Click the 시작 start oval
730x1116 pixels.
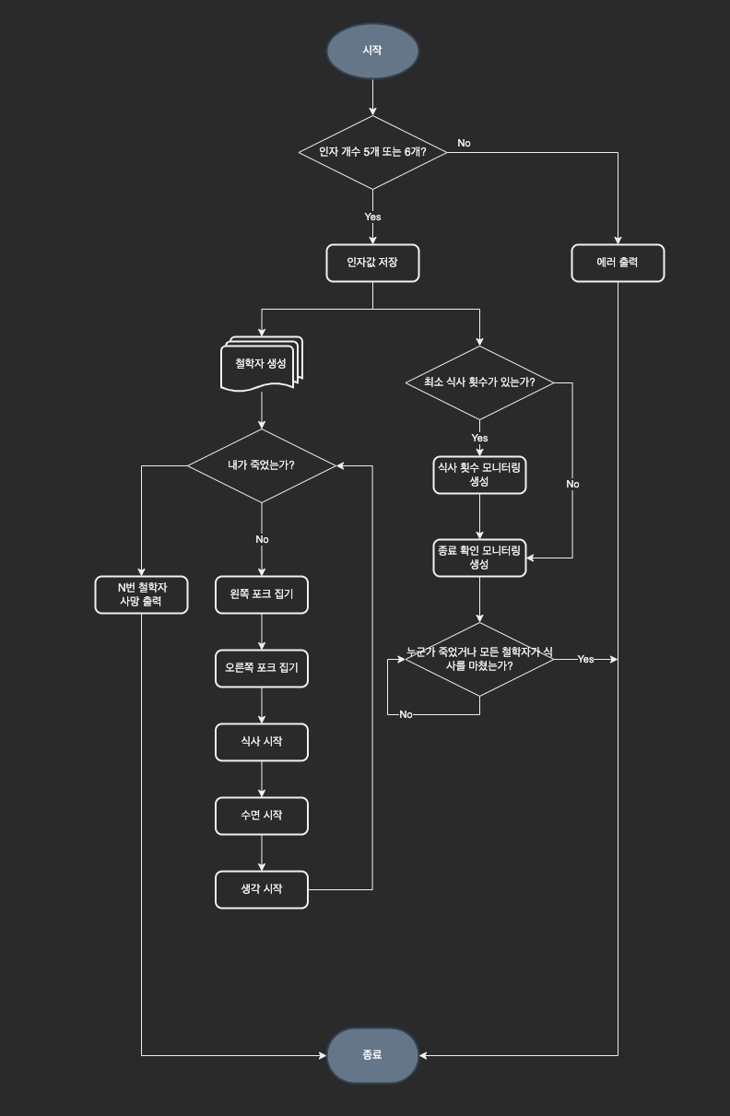(372, 51)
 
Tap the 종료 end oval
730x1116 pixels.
(372, 1055)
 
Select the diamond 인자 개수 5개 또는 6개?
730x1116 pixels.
(372, 152)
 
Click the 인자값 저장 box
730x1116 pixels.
(372, 263)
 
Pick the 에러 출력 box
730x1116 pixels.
(618, 263)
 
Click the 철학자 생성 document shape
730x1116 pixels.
(262, 364)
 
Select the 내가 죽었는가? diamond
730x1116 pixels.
(262, 465)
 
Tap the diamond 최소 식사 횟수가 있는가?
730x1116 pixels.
(479, 382)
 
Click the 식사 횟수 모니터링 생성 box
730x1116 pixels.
(479, 475)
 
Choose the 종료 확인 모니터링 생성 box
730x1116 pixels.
(479, 558)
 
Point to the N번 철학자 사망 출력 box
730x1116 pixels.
(141, 594)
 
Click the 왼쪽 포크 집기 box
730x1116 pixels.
(262, 594)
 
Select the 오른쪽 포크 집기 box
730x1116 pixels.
(262, 668)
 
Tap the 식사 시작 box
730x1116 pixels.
(262, 742)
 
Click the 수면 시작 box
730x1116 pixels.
(262, 816)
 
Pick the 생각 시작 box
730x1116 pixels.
(262, 889)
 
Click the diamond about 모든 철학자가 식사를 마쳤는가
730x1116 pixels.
(479, 659)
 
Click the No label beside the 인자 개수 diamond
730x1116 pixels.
(464, 143)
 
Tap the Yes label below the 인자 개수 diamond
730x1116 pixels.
(372, 217)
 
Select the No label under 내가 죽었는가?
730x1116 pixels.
(262, 539)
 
